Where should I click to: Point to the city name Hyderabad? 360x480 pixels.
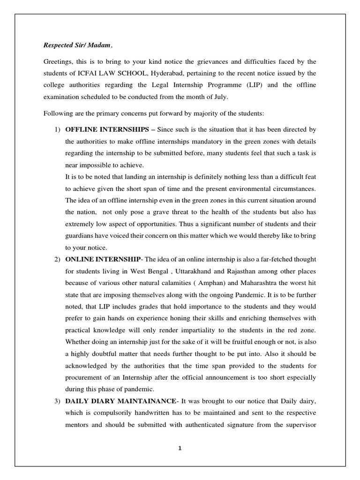click(172, 73)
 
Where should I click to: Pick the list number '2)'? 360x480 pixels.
click(53, 259)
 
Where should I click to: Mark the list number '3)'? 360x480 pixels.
click(53, 402)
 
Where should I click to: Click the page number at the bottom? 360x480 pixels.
click(180, 448)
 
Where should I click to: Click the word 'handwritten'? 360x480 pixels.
click(151, 413)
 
